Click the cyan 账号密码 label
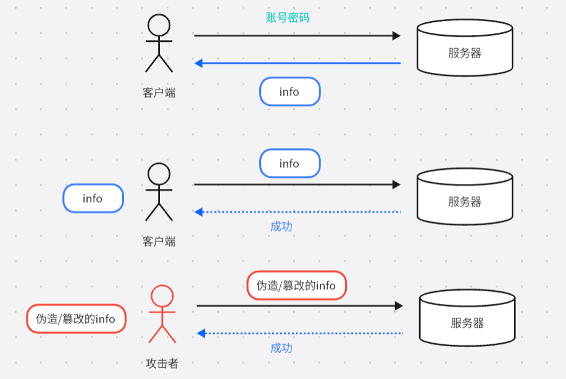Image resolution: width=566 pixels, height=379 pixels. (288, 17)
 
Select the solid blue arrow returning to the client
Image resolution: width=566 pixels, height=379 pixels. (298, 63)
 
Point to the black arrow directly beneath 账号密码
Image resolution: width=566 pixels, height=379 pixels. (298, 36)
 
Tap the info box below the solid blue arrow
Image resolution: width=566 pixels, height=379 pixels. (289, 92)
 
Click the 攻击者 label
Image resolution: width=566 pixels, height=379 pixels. (162, 364)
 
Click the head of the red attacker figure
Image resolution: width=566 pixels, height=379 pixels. (162, 295)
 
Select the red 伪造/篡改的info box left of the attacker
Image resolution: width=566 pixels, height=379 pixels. (76, 319)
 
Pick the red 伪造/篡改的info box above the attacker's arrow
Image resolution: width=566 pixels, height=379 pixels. (296, 285)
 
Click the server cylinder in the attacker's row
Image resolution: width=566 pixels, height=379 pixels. (467, 319)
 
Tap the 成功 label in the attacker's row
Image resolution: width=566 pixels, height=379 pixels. (281, 348)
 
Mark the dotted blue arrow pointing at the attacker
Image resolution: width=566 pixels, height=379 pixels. (300, 333)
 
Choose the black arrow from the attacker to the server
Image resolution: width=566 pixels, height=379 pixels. (300, 306)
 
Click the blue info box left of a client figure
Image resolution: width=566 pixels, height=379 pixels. (93, 198)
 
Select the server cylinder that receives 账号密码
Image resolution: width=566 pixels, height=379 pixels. (465, 48)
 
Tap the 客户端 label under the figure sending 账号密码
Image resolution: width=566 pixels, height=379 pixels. (159, 93)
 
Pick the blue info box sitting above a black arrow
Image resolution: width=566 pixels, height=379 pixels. (289, 164)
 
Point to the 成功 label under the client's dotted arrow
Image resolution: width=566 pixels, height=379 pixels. (281, 227)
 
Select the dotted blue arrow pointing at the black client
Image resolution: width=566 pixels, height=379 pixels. (298, 212)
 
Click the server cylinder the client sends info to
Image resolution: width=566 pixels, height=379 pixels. (465, 197)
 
